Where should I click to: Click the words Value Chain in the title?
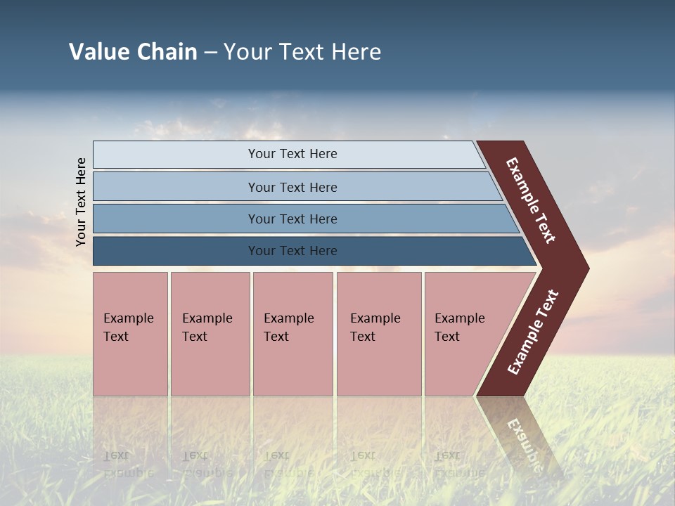coord(133,52)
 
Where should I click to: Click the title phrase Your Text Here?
coord(302,52)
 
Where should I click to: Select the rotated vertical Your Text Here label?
coord(81,202)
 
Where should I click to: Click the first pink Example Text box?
coord(130,365)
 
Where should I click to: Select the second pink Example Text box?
coord(210,365)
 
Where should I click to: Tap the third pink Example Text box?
coord(292,365)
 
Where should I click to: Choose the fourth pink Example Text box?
coord(379,365)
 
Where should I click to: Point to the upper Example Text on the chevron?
coord(531,200)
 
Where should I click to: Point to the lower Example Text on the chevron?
coord(533,332)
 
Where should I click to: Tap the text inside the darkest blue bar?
coord(292,251)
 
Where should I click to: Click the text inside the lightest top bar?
coord(292,154)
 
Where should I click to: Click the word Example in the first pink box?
coord(128,318)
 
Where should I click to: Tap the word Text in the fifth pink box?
coord(447,337)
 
